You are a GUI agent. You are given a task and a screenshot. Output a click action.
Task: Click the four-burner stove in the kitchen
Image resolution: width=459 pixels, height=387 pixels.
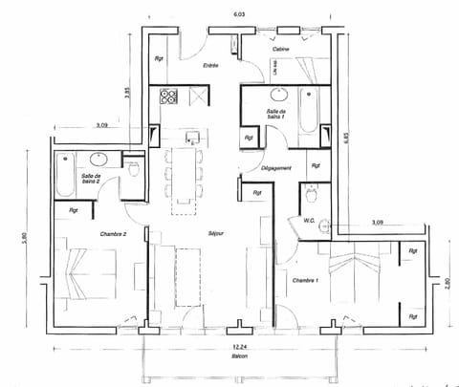tap(170, 96)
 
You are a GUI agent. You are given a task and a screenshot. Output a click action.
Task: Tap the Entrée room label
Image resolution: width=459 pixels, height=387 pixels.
tap(210, 65)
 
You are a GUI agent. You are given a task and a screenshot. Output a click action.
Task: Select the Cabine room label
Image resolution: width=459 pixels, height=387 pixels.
tap(281, 49)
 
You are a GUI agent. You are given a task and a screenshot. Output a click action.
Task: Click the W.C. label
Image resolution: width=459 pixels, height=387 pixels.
tap(310, 220)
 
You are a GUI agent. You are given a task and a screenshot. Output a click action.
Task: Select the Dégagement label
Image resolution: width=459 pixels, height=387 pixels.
tap(276, 168)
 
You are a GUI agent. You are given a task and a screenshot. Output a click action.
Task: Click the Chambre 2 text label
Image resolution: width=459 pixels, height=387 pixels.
tap(114, 233)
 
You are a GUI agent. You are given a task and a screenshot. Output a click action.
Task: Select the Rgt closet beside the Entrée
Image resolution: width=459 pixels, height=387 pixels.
tap(160, 58)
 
